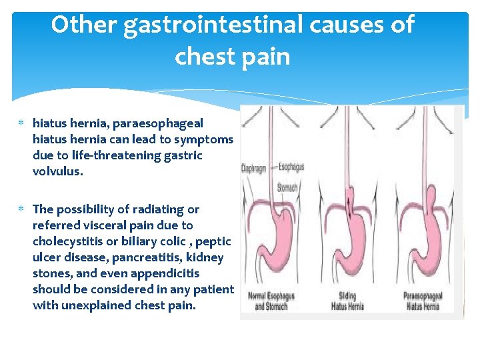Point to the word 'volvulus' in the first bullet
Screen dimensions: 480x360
[x=57, y=171]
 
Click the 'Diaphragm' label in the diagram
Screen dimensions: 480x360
[x=253, y=169]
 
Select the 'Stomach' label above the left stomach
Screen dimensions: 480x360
[x=287, y=188]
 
